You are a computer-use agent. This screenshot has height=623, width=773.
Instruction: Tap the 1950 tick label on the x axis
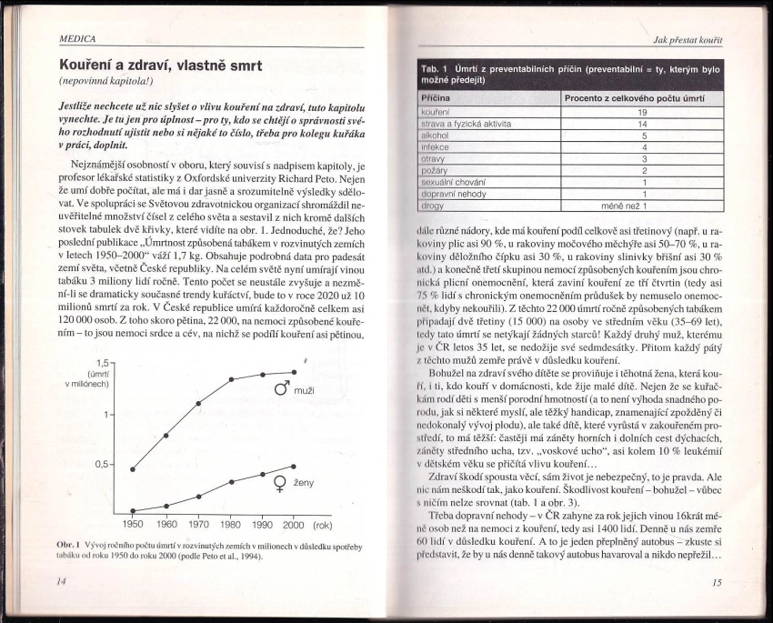tap(133, 525)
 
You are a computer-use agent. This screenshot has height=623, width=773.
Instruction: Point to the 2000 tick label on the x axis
tap(293, 525)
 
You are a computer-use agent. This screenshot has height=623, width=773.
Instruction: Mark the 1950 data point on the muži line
tap(133, 469)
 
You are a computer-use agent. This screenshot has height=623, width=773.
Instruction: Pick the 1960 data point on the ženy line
tap(166, 506)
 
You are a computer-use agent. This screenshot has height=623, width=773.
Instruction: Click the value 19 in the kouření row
tap(642, 112)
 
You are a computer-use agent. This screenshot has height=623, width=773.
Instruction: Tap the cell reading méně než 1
tap(642, 206)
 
